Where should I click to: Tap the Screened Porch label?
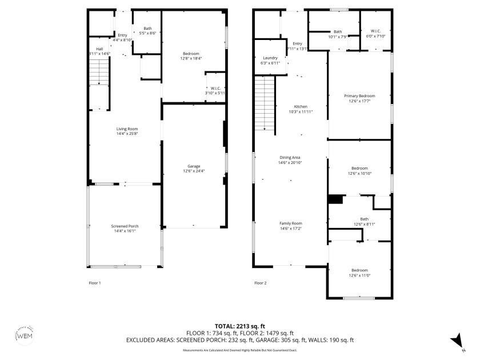pos(125,226)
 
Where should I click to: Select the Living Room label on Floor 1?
pos(127,129)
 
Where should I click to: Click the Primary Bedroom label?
pos(359,95)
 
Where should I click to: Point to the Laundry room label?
pos(270,58)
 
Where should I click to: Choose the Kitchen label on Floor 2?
pos(301,107)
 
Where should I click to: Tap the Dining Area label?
pos(290,157)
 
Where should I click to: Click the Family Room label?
pos(290,223)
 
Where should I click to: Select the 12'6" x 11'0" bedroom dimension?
pos(359,275)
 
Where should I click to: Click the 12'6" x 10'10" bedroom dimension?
pos(359,173)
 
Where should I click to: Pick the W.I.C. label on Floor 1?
pos(215,87)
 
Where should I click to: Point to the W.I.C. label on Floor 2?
pos(375,31)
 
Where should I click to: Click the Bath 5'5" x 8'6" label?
pos(147,29)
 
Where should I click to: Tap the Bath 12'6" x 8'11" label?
pos(364,219)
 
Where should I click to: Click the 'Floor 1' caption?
pos(94,283)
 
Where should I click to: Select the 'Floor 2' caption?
pos(260,283)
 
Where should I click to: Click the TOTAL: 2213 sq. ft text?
pos(240,326)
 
